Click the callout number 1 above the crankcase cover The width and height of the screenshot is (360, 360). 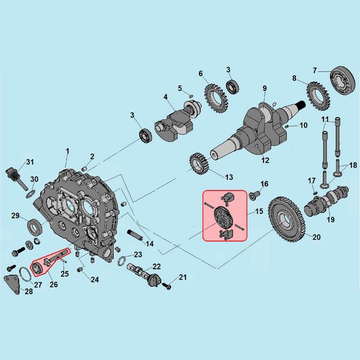(x=67, y=151)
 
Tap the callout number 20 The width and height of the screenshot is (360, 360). (x=317, y=237)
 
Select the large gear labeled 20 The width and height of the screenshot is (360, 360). (x=287, y=219)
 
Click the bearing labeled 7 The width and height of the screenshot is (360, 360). (x=344, y=79)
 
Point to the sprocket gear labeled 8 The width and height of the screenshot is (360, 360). (x=318, y=96)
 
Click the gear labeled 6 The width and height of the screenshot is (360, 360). (x=216, y=98)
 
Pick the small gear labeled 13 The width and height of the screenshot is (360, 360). (x=199, y=164)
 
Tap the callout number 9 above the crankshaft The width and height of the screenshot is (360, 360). (x=265, y=88)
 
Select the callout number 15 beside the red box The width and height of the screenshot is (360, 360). (x=259, y=211)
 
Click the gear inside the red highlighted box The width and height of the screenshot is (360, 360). (x=223, y=217)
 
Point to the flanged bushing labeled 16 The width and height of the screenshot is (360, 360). (x=254, y=196)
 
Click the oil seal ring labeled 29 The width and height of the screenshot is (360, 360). (x=35, y=227)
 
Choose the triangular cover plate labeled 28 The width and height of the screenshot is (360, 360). (x=13, y=285)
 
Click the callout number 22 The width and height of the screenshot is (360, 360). (x=156, y=266)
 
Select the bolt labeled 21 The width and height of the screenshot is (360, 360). (x=167, y=286)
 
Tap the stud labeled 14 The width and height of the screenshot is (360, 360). (x=135, y=234)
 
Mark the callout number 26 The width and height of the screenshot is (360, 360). (x=54, y=285)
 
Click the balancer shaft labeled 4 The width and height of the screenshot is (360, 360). (x=178, y=120)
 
